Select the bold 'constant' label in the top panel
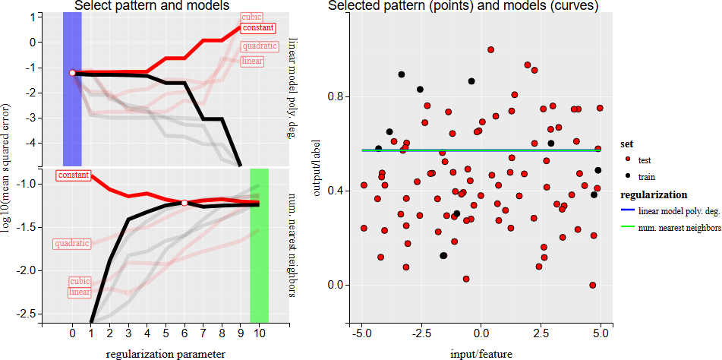[257, 28]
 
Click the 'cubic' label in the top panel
[251, 17]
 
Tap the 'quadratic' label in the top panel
[258, 46]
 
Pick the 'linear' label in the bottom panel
[80, 292]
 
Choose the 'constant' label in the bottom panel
[73, 175]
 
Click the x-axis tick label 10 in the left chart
[259, 333]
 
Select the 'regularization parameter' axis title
[165, 353]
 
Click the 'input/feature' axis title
[481, 353]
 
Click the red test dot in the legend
[627, 159]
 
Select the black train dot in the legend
[627, 176]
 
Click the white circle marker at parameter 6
[184, 203]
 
